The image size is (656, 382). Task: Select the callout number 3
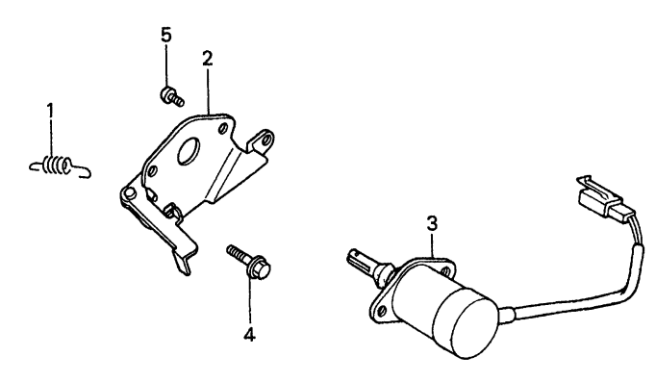[x=434, y=223]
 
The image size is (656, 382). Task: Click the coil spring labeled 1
[x=58, y=167]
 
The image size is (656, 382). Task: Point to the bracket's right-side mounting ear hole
[x=257, y=142]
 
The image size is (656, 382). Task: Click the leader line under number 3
[x=434, y=246]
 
